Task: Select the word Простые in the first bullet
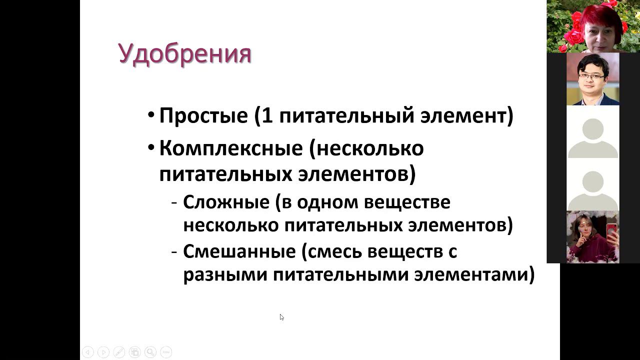point(203,116)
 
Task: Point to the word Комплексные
point(230,148)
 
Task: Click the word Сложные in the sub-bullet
point(226,202)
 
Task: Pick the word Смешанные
point(239,251)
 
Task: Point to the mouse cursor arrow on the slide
point(281,317)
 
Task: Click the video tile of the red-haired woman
point(593,26)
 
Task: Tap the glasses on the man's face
point(591,76)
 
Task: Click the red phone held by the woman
point(610,230)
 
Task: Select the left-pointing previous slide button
point(87,352)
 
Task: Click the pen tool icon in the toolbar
point(119,352)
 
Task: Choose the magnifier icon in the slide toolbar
point(150,352)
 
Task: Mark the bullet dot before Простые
point(151,116)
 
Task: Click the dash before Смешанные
point(174,251)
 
